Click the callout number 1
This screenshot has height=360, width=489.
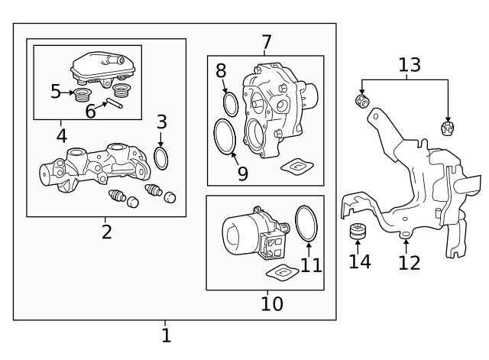(166, 335)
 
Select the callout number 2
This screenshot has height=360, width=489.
(106, 232)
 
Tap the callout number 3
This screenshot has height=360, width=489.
(161, 122)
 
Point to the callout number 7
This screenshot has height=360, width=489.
(266, 42)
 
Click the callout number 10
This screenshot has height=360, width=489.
(271, 303)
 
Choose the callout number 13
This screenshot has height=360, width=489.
(409, 65)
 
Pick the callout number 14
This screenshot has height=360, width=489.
(360, 261)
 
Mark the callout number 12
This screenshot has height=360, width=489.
(410, 262)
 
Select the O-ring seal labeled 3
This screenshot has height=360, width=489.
(161, 158)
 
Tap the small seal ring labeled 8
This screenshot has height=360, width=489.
(230, 104)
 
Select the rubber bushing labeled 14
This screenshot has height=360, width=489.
(357, 232)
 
